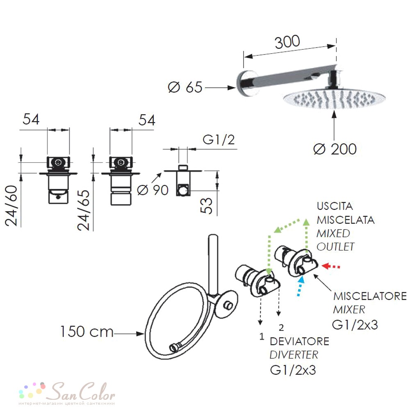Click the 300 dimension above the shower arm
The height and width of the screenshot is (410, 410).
[287, 42]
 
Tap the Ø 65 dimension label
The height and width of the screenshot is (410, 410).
[185, 87]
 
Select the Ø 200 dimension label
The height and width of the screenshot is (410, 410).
[335, 149]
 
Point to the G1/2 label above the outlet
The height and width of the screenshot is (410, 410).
[219, 140]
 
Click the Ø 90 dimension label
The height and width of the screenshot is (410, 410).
[153, 190]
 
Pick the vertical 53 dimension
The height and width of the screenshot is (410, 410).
[207, 206]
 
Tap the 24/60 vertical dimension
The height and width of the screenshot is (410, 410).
[11, 205]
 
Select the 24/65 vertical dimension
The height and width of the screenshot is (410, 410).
[84, 210]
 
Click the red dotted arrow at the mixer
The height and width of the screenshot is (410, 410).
[331, 266]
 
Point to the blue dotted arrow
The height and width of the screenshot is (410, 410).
[300, 286]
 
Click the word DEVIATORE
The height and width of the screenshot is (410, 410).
[299, 342]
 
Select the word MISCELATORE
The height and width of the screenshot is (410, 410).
[370, 296]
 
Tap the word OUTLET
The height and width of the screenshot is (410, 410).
[335, 246]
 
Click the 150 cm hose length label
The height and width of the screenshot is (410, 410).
[87, 332]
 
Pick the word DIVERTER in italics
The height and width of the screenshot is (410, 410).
[294, 355]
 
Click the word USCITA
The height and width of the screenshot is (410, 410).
[335, 206]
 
